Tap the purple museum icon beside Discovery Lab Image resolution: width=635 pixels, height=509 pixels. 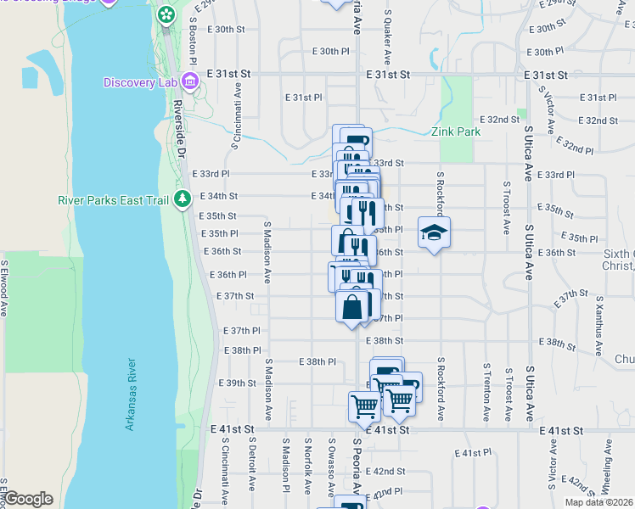tap(188, 82)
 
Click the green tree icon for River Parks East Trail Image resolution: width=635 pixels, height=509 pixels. tap(182, 199)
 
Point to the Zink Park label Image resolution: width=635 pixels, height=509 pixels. tap(455, 131)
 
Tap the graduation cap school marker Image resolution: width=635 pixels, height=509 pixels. tap(434, 232)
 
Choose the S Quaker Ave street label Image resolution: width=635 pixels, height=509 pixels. tap(387, 37)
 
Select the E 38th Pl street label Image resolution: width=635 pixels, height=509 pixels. tap(318, 361)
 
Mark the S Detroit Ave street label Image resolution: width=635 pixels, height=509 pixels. tap(252, 465)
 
